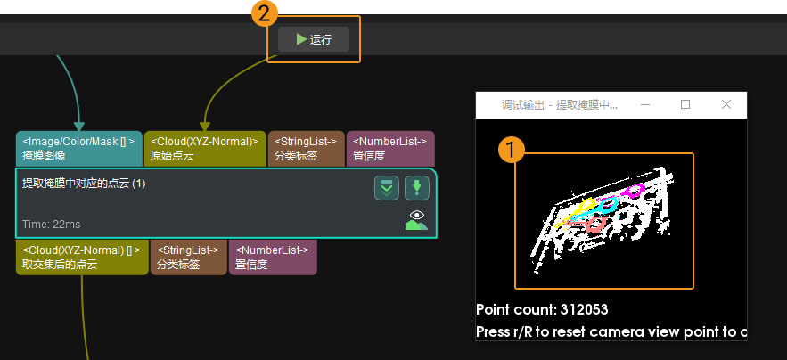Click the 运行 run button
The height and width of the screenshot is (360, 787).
[313, 39]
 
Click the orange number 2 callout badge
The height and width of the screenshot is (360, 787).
[262, 13]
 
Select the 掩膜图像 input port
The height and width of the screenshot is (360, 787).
[78, 148]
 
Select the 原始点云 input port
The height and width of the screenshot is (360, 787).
[204, 148]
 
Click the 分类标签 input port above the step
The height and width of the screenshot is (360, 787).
[306, 148]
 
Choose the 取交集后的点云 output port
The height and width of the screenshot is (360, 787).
[82, 257]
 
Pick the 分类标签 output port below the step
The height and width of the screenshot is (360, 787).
[188, 257]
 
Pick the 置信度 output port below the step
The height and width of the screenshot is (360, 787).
[273, 257]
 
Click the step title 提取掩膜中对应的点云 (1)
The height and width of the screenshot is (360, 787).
[84, 184]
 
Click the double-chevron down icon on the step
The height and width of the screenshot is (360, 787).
[387, 188]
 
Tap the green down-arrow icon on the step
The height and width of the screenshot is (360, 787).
[417, 188]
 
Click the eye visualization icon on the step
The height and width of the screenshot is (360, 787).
[416, 219]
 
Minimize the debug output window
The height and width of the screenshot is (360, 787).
[644, 104]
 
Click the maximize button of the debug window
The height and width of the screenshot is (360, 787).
[685, 104]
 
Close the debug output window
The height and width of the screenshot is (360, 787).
[726, 104]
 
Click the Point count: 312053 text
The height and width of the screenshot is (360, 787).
[542, 310]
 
